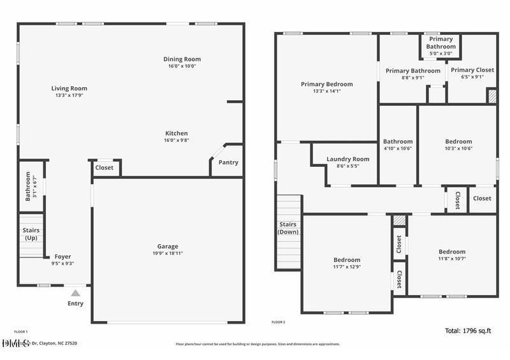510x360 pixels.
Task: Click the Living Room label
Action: [69, 89]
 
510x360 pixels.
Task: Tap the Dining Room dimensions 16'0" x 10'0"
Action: [182, 66]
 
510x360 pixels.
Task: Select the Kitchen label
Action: [177, 133]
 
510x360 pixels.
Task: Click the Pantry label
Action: [228, 162]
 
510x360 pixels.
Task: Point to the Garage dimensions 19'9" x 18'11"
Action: [168, 253]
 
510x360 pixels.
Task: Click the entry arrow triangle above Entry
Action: [75, 293]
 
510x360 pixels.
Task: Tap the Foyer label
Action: [62, 257]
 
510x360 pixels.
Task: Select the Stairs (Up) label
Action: [31, 234]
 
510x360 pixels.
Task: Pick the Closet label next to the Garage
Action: [104, 168]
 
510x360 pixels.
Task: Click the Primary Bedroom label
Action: [326, 84]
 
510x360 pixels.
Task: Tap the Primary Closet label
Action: [472, 70]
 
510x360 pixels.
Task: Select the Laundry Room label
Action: [347, 159]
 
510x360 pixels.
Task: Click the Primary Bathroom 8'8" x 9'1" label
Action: [412, 71]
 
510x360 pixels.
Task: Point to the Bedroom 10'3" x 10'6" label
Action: [458, 141]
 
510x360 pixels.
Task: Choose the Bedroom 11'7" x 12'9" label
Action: [347, 260]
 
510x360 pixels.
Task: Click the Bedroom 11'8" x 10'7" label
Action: [451, 252]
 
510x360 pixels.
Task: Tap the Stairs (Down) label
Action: [288, 228]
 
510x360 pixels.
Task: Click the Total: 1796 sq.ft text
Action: [470, 331]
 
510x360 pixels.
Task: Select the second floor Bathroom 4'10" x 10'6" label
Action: [398, 141]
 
